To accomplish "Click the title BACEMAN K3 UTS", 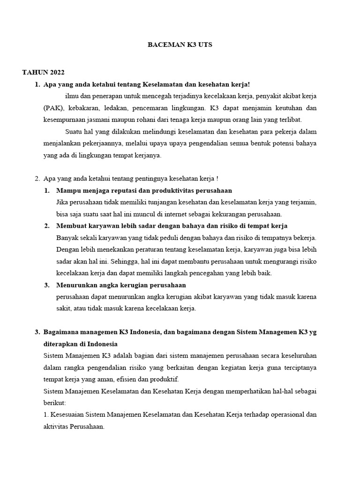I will pos(180,45).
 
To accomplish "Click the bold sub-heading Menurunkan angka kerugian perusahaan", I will pos(121,285).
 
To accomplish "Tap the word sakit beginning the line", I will pos(64,308).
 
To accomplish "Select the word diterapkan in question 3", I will pos(60,344).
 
